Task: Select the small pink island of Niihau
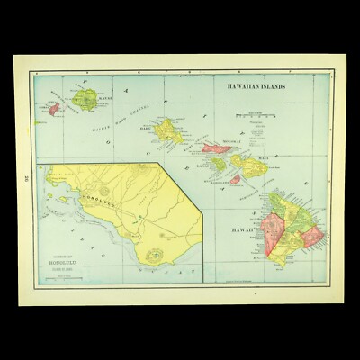click(55, 108)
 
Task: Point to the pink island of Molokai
click(220, 148)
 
